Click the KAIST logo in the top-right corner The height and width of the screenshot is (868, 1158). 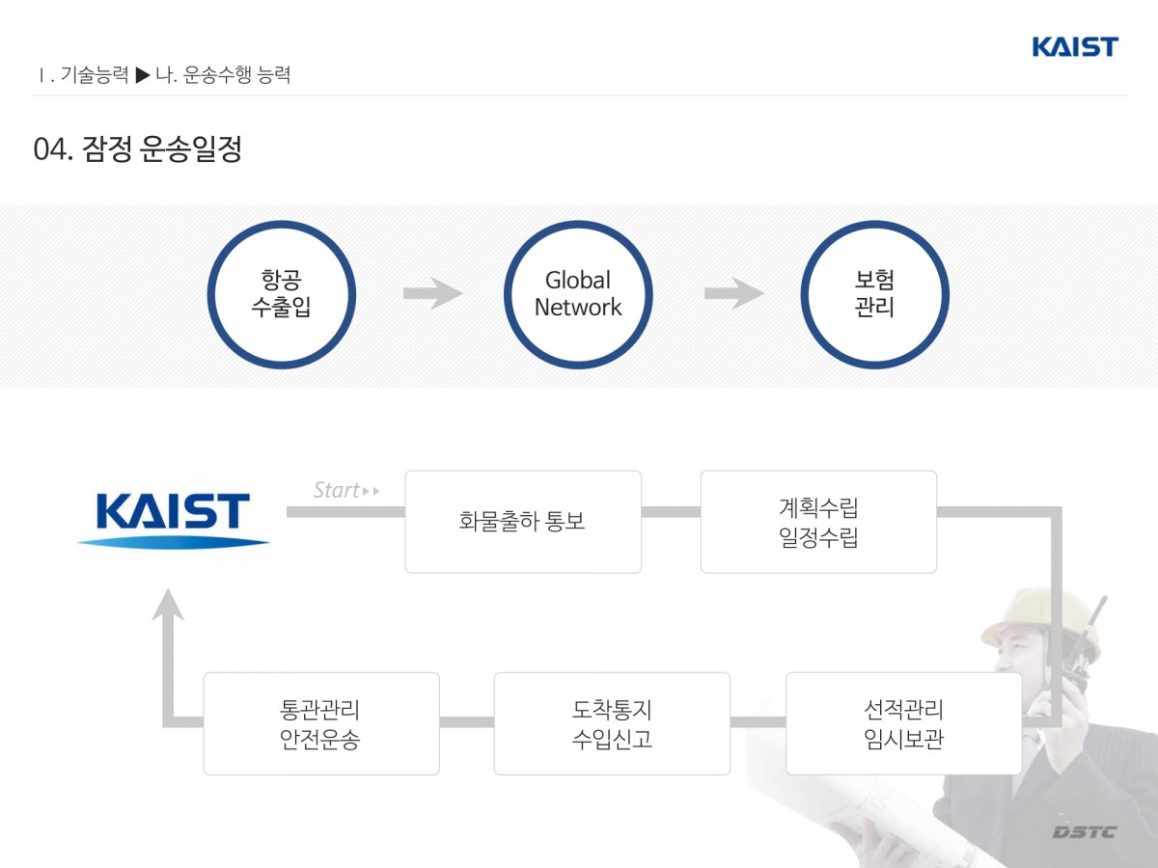1074,46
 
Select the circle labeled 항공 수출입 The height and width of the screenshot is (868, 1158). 282,294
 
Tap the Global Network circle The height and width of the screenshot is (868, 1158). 578,294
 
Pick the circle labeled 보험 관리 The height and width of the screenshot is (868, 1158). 874,294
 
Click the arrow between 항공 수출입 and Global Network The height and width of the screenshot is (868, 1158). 432,293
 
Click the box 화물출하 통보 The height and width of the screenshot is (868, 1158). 523,522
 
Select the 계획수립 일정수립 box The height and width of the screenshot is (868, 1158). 818,522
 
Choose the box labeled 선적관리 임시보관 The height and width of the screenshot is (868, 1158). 903,723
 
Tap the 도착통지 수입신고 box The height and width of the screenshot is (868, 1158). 612,723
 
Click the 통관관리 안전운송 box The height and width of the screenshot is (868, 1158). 321,723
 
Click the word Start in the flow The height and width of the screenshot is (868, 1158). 337,490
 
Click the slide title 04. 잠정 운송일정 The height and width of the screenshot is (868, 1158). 137,149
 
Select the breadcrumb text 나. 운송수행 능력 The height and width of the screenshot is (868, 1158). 223,74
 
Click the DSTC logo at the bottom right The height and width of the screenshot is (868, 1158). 1084,831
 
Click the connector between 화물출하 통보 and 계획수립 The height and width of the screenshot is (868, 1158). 671,512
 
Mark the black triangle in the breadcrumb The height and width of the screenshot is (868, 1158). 143,74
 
